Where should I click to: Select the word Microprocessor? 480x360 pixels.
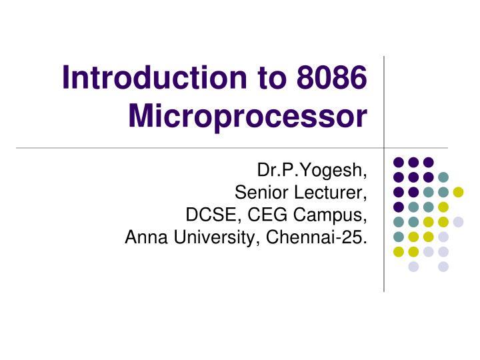tap(247, 118)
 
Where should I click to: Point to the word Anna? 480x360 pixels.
tap(145, 237)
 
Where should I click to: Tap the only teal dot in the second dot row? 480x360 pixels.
tap(443, 177)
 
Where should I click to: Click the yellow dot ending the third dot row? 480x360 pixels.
tap(458, 192)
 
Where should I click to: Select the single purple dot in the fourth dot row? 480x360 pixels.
tap(399, 207)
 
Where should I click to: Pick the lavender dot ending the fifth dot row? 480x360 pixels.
tap(458, 222)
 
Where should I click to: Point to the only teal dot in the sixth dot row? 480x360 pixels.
tap(399, 237)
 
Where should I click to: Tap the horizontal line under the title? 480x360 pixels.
tap(200, 147)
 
